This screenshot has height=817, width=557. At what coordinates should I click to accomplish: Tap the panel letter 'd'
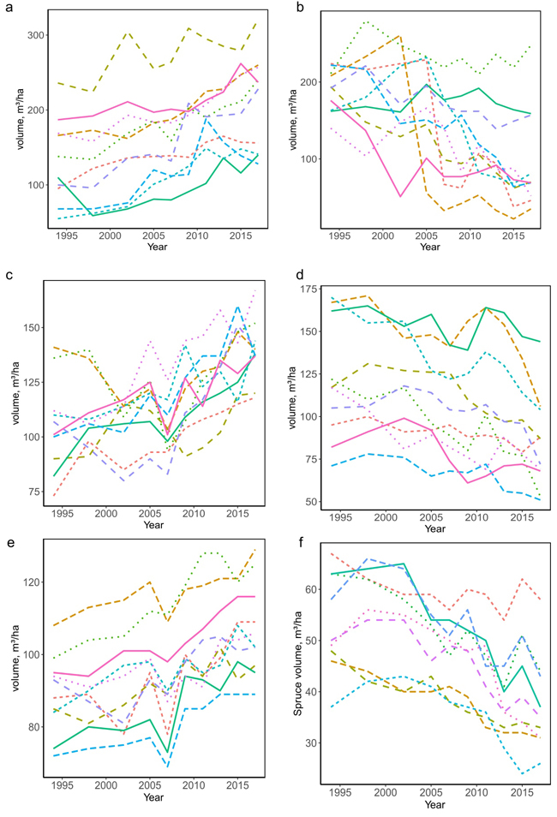(x=296, y=276)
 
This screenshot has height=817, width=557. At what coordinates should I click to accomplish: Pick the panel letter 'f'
(x=296, y=542)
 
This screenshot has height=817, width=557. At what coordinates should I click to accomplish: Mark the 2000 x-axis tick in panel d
(x=386, y=518)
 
